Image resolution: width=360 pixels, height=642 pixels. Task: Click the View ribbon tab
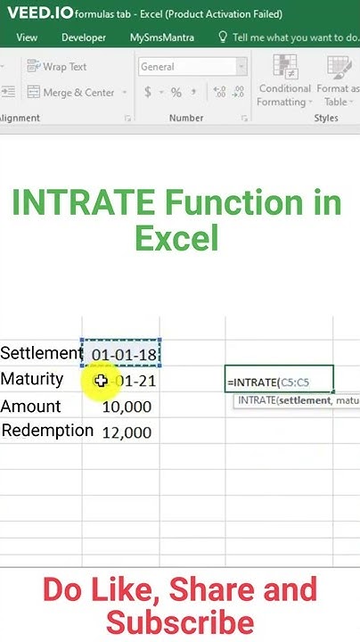(x=27, y=38)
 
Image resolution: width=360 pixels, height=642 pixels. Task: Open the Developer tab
(x=84, y=38)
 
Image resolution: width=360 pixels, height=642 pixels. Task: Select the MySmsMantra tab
(x=162, y=38)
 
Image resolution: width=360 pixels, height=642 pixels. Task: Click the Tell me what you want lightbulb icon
(x=223, y=38)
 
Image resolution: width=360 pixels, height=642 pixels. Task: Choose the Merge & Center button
(x=71, y=93)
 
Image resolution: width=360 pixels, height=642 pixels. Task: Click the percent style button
(x=176, y=93)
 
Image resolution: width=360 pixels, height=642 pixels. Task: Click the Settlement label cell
(x=41, y=353)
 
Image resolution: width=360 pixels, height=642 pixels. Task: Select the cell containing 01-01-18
(x=121, y=354)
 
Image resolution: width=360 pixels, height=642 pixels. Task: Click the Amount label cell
(x=31, y=407)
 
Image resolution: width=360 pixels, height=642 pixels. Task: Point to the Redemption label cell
(x=47, y=431)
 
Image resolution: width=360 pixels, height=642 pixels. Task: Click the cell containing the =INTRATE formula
(x=280, y=382)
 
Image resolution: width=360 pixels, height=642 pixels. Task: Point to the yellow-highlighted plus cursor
(x=101, y=382)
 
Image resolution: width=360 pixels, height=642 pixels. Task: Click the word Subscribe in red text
(x=179, y=621)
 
